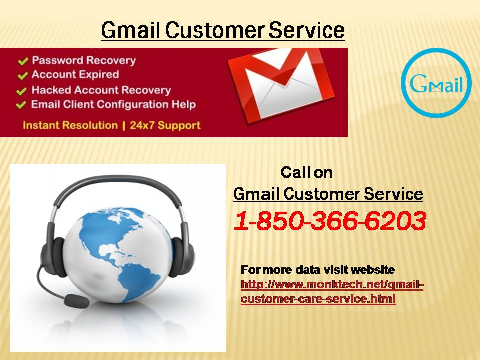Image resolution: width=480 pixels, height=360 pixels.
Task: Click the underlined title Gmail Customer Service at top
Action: (x=223, y=30)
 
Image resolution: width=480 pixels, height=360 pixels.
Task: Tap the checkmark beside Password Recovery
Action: (x=23, y=61)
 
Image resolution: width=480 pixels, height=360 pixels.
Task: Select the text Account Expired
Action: (x=75, y=74)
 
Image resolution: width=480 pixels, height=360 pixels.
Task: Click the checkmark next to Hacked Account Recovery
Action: (x=21, y=91)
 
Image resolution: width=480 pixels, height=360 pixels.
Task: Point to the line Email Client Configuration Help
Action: (x=113, y=104)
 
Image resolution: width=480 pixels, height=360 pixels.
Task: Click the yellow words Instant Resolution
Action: (x=70, y=125)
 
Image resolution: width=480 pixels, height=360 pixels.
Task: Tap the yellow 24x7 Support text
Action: (x=165, y=125)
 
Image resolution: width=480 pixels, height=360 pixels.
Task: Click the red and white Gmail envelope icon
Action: (x=281, y=85)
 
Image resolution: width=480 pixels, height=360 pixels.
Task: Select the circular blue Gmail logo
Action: (x=436, y=83)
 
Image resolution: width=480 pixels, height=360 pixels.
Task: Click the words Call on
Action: (x=306, y=172)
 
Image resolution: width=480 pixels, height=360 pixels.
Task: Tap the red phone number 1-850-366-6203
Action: (x=330, y=220)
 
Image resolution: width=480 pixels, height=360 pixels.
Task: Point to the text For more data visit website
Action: (x=318, y=269)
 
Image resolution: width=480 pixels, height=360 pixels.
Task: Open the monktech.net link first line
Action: (x=332, y=284)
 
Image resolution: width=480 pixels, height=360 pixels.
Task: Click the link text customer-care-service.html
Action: (x=318, y=298)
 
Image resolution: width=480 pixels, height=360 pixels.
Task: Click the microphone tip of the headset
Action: (x=76, y=300)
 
